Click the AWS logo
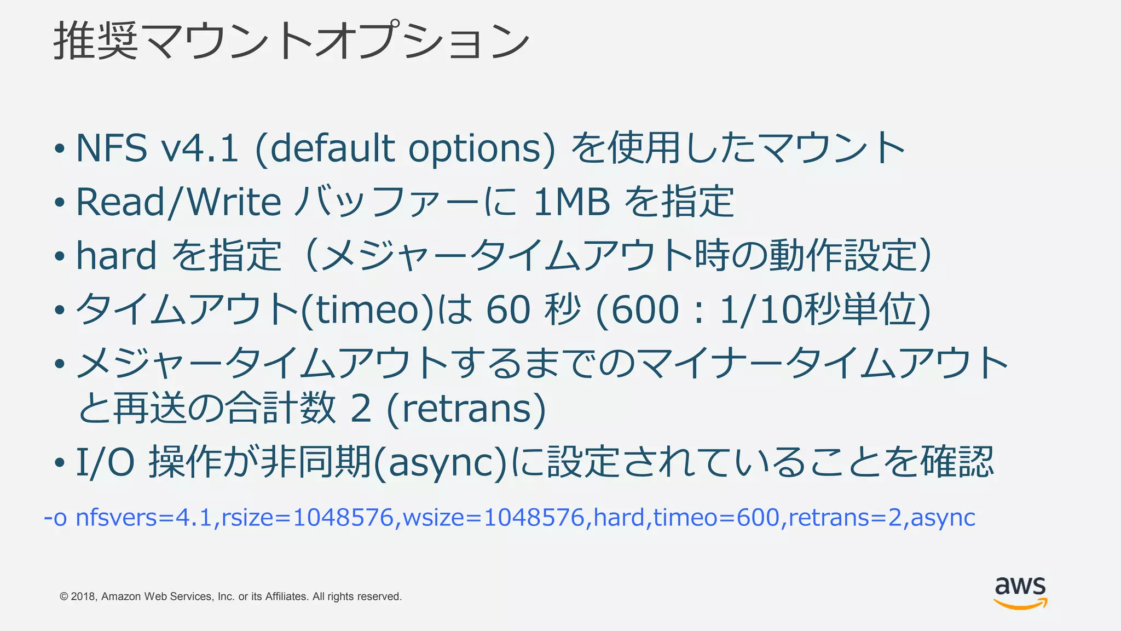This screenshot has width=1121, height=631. (x=1020, y=593)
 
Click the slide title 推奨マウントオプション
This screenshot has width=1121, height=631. (x=291, y=41)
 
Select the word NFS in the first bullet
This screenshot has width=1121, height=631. (x=112, y=148)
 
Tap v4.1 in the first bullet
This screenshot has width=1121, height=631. (x=200, y=148)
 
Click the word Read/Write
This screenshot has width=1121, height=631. (x=178, y=202)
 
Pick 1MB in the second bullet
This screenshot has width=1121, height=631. (x=571, y=202)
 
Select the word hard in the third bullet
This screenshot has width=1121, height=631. (x=116, y=255)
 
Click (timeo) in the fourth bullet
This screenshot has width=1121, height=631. (x=368, y=309)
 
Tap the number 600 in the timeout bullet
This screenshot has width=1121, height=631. (x=645, y=309)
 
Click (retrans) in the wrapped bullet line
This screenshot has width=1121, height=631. (x=466, y=409)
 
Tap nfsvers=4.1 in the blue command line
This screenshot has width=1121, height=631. (x=143, y=518)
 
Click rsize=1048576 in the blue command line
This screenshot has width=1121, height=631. (x=307, y=518)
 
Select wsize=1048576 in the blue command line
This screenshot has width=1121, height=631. (x=493, y=518)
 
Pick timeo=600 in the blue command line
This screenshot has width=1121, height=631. (x=716, y=518)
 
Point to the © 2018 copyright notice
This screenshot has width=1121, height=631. (x=230, y=596)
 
